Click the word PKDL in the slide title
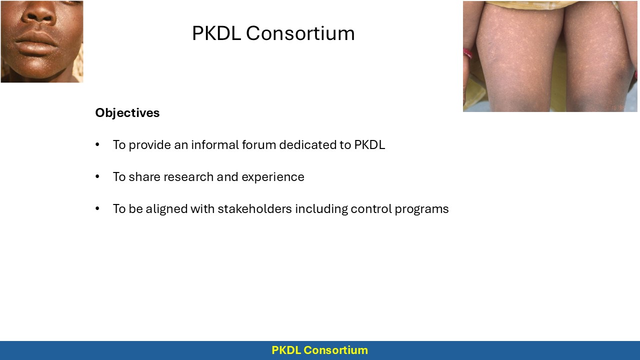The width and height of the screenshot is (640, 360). coord(216,33)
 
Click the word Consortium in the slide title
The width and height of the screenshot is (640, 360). coord(300,33)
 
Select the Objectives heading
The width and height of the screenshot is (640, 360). coord(127,113)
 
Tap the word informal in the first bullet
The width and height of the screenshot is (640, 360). coord(215,144)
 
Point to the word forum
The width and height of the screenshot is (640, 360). coord(259,144)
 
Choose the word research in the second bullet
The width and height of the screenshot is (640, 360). coord(188,177)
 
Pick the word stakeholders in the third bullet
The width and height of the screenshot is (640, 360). coord(254,209)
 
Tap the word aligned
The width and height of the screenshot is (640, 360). coord(166,209)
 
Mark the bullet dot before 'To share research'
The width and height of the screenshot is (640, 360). coord(97,177)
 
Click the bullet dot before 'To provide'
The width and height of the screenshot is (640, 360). coord(97,144)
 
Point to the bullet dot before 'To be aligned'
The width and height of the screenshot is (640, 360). coord(97,209)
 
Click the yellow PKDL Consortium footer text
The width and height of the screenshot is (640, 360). coord(319,350)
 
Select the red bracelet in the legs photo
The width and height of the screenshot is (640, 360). coord(467,53)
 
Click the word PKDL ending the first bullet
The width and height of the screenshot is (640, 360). coord(369,144)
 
